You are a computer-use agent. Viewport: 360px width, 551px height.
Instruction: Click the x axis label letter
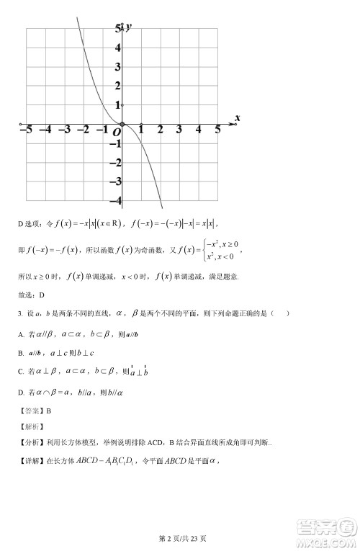point(237,117)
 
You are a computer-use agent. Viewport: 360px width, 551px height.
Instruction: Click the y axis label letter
point(128,27)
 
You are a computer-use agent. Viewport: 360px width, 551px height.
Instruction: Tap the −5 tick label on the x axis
point(25,130)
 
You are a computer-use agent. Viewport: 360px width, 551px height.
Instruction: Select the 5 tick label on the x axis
point(217,130)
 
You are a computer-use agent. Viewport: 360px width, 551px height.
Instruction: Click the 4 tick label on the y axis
point(117,48)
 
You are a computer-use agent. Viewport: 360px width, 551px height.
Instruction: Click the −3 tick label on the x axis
point(63,130)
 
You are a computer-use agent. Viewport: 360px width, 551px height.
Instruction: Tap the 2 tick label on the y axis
point(117,86)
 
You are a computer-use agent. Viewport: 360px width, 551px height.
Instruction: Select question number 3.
point(20,314)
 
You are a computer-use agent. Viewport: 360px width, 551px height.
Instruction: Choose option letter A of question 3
point(20,334)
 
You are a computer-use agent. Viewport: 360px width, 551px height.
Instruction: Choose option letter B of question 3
point(20,354)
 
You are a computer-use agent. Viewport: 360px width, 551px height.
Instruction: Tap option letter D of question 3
point(20,393)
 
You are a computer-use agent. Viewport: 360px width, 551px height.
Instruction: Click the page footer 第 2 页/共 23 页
point(181,538)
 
